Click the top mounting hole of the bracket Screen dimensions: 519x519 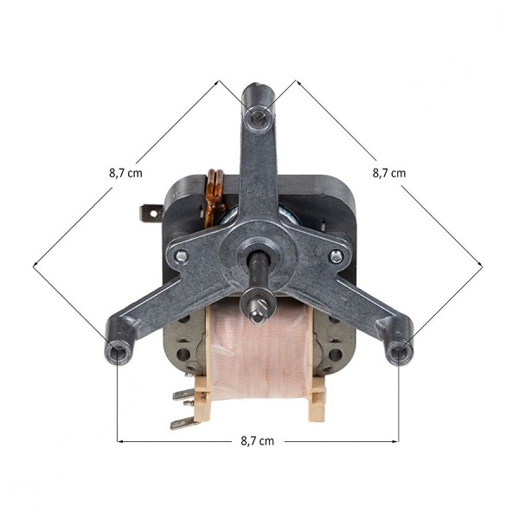(259, 117)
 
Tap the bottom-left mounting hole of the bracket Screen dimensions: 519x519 (118, 354)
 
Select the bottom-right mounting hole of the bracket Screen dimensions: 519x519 (400, 354)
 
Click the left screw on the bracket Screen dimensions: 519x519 (181, 255)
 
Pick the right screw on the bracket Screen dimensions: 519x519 (336, 256)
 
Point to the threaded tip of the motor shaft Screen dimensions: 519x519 (258, 311)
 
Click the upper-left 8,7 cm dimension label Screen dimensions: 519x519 (125, 173)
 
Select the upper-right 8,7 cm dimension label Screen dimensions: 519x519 (389, 173)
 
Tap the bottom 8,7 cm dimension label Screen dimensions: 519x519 (258, 441)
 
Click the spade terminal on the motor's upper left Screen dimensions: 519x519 (151, 213)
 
